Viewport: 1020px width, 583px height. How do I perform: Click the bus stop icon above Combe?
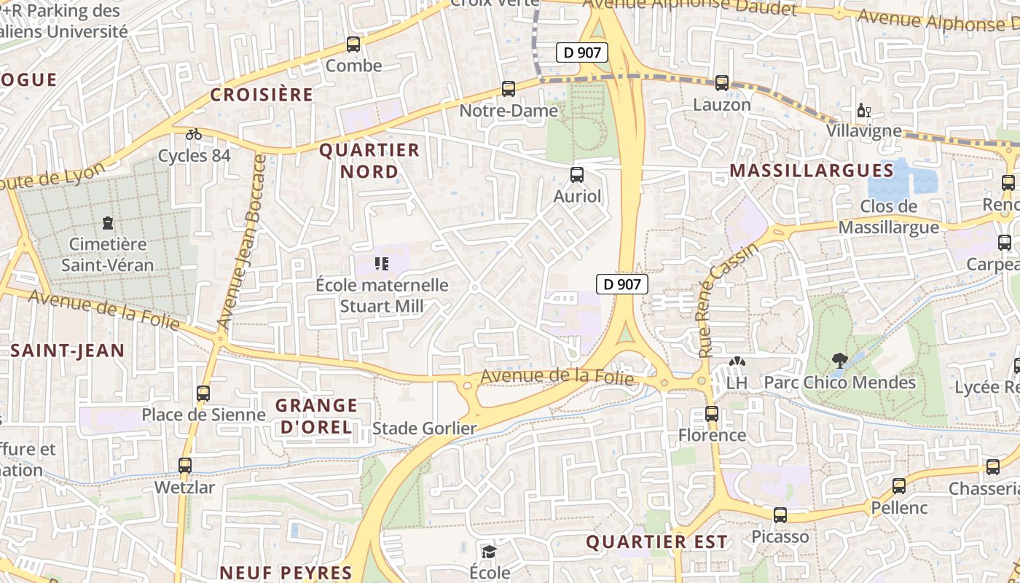pyautogui.click(x=353, y=44)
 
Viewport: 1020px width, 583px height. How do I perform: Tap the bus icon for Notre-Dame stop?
pyautogui.click(x=509, y=89)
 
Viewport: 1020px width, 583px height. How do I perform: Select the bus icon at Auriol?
pyautogui.click(x=577, y=175)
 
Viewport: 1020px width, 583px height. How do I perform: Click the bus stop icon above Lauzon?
pyautogui.click(x=721, y=83)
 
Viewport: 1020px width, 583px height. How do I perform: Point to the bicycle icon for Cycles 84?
pyautogui.click(x=194, y=134)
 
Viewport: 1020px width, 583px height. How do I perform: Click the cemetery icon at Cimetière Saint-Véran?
pyautogui.click(x=108, y=222)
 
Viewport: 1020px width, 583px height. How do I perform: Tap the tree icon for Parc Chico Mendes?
pyautogui.click(x=839, y=360)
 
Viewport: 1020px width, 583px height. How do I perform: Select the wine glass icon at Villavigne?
pyautogui.click(x=863, y=111)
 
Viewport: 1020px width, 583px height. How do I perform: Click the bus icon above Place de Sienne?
pyautogui.click(x=203, y=394)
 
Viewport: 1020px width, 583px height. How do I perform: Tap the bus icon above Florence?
pyautogui.click(x=712, y=414)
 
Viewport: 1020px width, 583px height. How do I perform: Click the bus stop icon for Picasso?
pyautogui.click(x=780, y=515)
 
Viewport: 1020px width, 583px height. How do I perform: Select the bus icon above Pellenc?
pyautogui.click(x=899, y=486)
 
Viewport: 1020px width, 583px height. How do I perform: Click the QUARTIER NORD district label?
pyautogui.click(x=369, y=161)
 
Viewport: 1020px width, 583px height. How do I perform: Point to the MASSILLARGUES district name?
pyautogui.click(x=811, y=171)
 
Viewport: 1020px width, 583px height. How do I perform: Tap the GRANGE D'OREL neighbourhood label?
pyautogui.click(x=316, y=416)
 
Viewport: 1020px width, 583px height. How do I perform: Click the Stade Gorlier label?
pyautogui.click(x=424, y=429)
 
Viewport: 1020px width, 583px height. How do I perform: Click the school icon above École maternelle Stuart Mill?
pyautogui.click(x=382, y=263)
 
